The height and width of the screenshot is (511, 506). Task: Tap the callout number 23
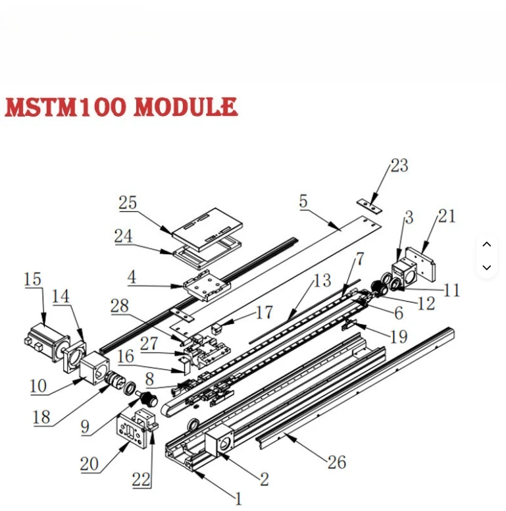tap(399, 165)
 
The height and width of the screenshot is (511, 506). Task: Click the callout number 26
tap(336, 462)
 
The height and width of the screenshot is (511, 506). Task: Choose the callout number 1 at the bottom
tap(238, 498)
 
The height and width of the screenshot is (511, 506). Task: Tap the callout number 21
tap(447, 215)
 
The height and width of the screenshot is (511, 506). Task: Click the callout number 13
tap(322, 281)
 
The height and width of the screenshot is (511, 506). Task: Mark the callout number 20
tap(89, 464)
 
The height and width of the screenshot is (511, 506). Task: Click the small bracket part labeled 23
tap(369, 205)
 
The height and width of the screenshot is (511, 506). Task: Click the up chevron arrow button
tap(486, 244)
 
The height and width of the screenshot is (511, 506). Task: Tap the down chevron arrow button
tap(486, 267)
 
